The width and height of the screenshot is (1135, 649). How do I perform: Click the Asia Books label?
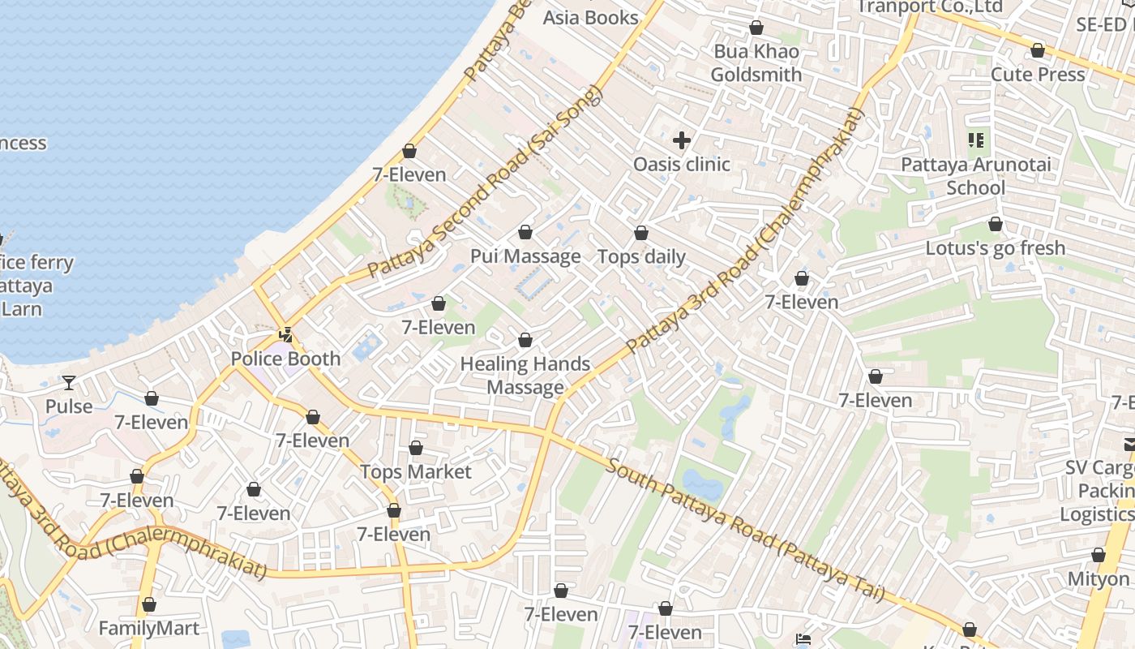click(x=590, y=17)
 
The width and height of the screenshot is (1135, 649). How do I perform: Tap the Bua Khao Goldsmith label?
click(x=756, y=63)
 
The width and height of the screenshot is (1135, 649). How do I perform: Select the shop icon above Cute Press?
click(x=1037, y=51)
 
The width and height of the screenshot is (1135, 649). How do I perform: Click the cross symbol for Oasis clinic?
click(x=682, y=140)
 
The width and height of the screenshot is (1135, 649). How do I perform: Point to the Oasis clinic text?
click(x=682, y=165)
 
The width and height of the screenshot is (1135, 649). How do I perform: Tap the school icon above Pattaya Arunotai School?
click(x=976, y=141)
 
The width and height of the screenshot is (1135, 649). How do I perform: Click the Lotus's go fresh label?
click(x=995, y=248)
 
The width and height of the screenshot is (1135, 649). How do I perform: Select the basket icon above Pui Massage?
click(x=525, y=233)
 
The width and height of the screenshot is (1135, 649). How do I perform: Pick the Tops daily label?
click(x=641, y=257)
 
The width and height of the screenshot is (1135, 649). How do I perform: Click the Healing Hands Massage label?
click(x=525, y=376)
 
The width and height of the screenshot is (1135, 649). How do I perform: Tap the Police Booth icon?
click(x=285, y=334)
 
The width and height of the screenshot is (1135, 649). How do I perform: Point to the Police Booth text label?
click(x=285, y=359)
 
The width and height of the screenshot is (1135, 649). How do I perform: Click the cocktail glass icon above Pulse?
click(x=69, y=382)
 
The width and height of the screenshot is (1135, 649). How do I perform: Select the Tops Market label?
click(x=415, y=472)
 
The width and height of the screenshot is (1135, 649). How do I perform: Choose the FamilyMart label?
click(x=148, y=629)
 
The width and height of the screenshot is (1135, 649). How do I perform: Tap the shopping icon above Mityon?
click(x=1098, y=556)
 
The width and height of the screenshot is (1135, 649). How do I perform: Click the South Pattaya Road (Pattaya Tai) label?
click(x=744, y=531)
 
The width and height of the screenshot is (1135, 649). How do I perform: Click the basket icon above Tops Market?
click(x=416, y=448)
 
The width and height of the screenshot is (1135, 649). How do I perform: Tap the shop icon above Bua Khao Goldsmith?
click(x=756, y=28)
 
